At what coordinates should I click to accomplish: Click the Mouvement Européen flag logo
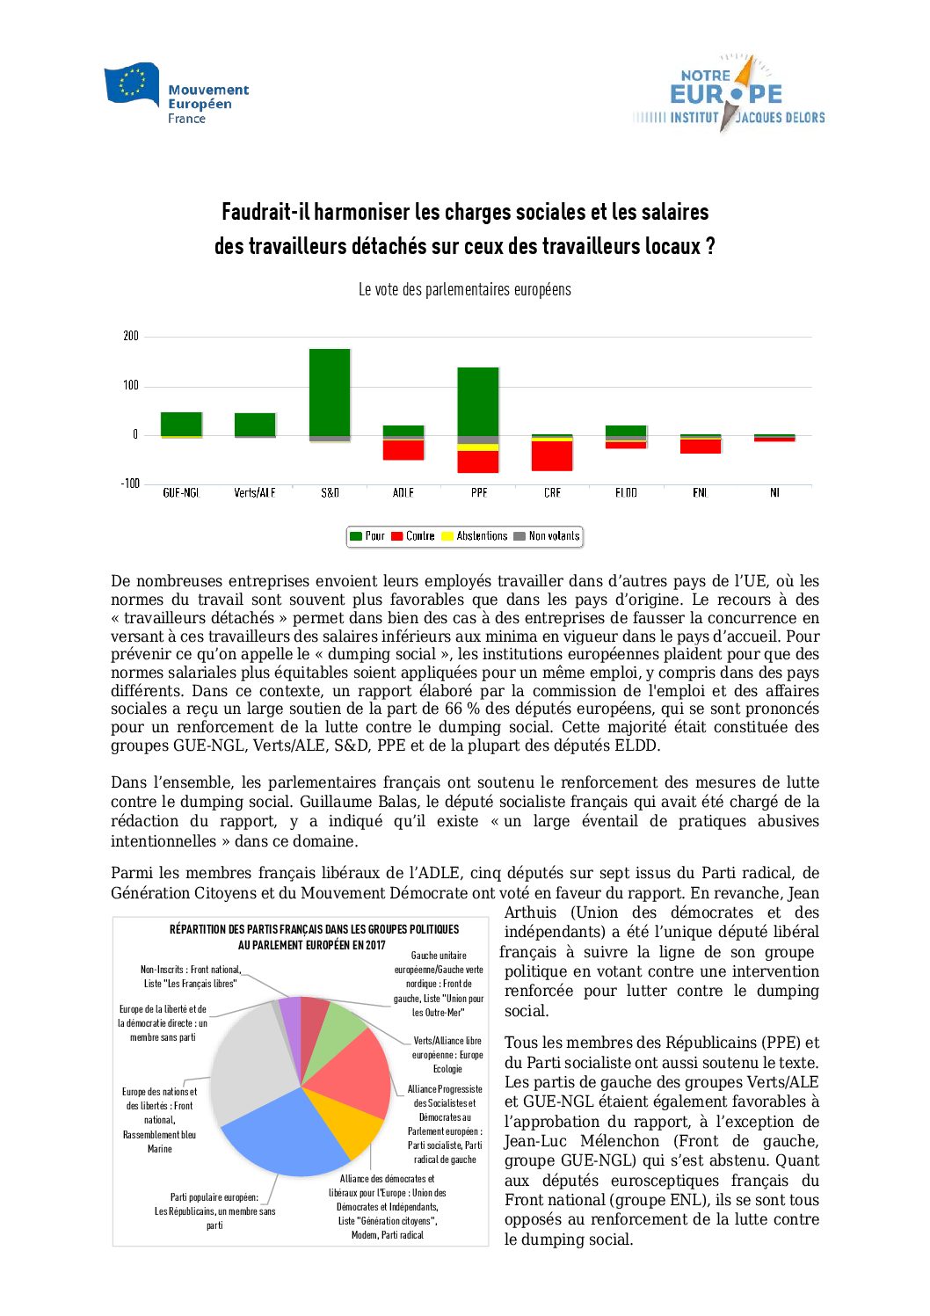(x=132, y=84)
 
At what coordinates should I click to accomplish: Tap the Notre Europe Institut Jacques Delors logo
(x=730, y=94)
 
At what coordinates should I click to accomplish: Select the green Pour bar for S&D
(x=330, y=391)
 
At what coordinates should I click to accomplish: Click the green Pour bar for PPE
(x=478, y=401)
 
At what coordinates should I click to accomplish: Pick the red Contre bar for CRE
(x=552, y=455)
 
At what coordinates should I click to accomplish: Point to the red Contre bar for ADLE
(x=403, y=449)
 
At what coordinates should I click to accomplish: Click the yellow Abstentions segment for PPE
(x=478, y=447)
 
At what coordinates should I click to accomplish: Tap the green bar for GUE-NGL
(x=181, y=423)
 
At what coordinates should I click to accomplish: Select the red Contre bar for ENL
(x=701, y=446)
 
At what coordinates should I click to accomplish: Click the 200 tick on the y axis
(x=131, y=336)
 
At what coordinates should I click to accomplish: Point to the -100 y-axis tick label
(x=130, y=484)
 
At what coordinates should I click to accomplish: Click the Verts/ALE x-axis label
(x=255, y=493)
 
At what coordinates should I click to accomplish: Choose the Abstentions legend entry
(x=475, y=536)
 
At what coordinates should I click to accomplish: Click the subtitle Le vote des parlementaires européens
(x=464, y=289)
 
